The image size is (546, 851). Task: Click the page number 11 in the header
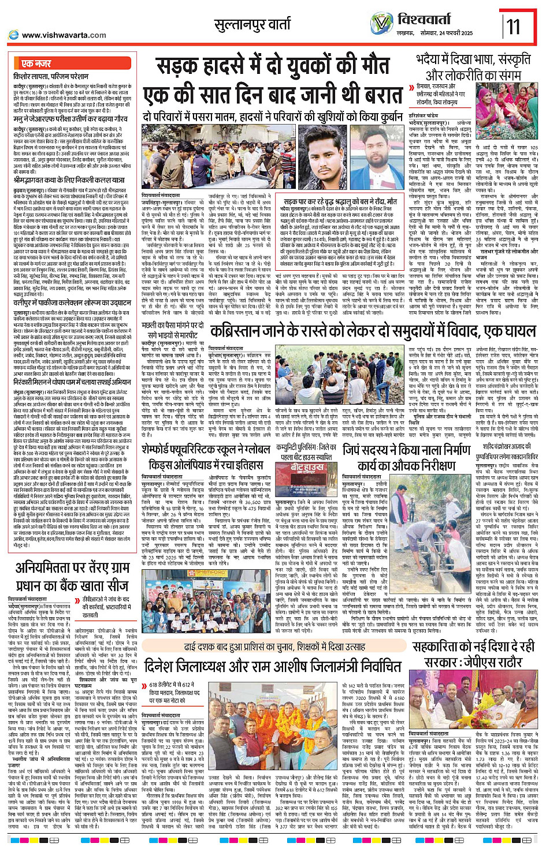pyautogui.click(x=514, y=26)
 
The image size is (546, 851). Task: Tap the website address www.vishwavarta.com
pyautogui.click(x=64, y=35)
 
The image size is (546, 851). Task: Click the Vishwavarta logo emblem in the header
pyautogui.click(x=381, y=24)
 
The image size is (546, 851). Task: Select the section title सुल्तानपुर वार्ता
pyautogui.click(x=253, y=25)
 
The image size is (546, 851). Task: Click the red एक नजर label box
pyautogui.click(x=36, y=64)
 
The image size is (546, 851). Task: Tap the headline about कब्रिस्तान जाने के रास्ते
pyautogui.click(x=372, y=331)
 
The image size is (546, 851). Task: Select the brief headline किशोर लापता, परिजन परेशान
pyautogui.click(x=51, y=76)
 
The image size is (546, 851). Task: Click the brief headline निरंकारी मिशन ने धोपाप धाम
pyautogui.click(x=72, y=382)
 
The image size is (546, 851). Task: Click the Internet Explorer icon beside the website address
pyautogui.click(x=13, y=35)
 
